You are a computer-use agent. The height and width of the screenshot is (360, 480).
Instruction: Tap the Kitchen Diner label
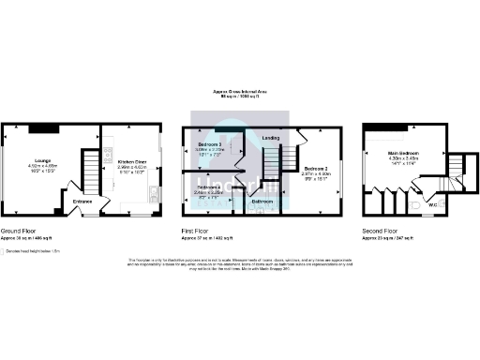pos(131,161)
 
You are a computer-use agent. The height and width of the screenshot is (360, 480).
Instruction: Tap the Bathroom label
pos(262,201)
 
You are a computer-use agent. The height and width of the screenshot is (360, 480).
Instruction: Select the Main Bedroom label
pos(402,153)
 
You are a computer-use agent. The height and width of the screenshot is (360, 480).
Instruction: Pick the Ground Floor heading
pos(19,230)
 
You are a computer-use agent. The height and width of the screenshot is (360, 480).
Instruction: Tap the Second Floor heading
pos(381,230)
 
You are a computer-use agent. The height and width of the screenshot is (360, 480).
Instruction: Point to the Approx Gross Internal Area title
pos(240,92)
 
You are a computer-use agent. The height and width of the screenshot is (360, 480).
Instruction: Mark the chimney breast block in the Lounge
pos(42,128)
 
